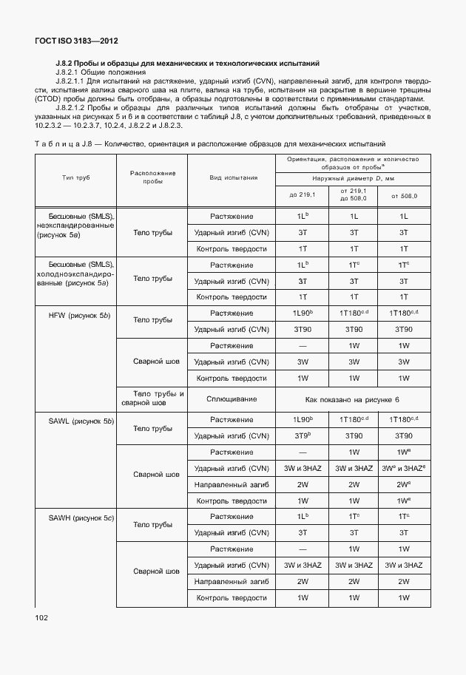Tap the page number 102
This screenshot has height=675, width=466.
42,617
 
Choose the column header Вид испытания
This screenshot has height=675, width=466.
233,178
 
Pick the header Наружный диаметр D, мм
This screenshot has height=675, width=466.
353,179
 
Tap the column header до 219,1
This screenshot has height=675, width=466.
301,195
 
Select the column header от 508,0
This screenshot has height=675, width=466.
404,195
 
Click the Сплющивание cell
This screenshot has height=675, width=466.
233,399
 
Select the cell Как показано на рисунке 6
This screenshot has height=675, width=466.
352,399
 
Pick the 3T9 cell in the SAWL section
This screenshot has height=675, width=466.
301,436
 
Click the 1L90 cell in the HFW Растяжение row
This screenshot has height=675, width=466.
301,313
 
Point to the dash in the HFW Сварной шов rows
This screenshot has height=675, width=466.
301,346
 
